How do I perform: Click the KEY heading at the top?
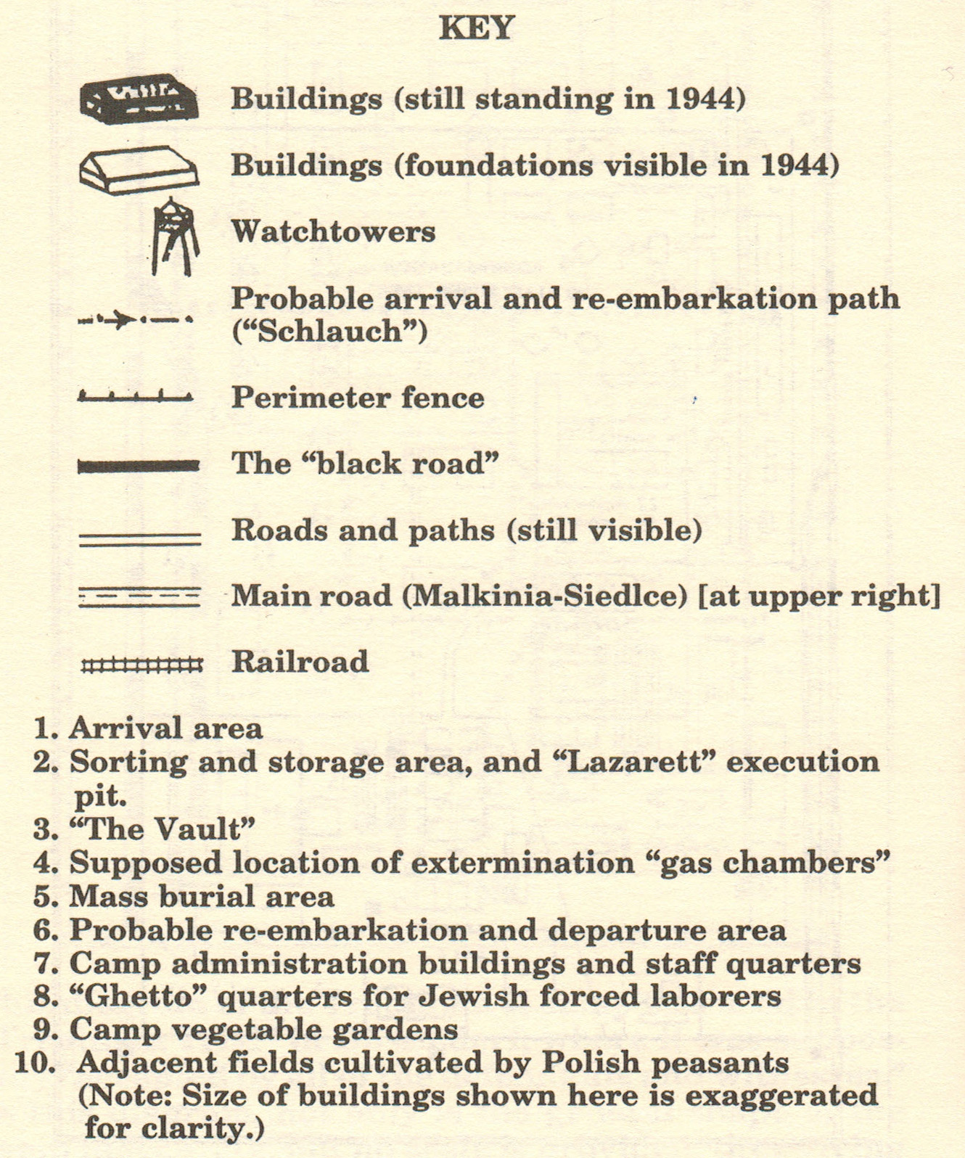click(477, 28)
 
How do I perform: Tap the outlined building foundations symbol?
click(138, 170)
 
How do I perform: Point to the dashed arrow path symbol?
click(136, 319)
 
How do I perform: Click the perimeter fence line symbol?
click(136, 396)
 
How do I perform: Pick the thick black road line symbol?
click(138, 466)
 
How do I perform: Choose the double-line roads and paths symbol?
click(139, 538)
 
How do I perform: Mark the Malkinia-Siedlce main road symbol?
click(139, 597)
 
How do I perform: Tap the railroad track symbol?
click(141, 665)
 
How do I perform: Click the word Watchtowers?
click(333, 232)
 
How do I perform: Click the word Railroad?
click(300, 662)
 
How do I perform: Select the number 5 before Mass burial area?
click(44, 897)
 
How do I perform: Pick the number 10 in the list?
click(35, 1063)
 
